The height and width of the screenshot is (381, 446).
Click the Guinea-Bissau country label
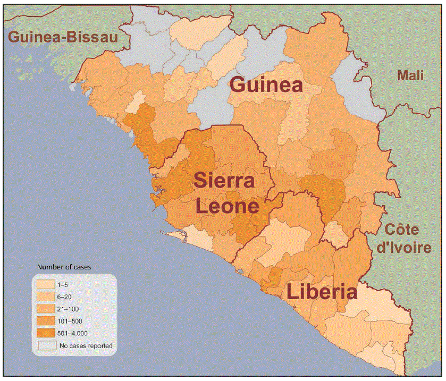click(x=62, y=37)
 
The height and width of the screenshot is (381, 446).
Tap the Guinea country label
click(x=266, y=85)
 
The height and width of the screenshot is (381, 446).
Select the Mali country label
click(x=410, y=76)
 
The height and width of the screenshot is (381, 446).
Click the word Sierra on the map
click(x=223, y=181)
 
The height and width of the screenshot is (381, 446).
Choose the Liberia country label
click(x=322, y=292)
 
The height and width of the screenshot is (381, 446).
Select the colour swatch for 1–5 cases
click(x=46, y=284)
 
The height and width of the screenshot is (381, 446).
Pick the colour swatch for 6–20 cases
click(x=46, y=297)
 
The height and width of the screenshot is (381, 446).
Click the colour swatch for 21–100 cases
click(x=46, y=309)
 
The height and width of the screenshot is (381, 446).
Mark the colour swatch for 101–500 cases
click(x=46, y=321)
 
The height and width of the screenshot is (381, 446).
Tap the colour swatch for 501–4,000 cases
click(x=46, y=333)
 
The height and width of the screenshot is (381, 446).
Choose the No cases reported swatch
click(x=46, y=345)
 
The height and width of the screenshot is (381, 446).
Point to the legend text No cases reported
click(x=86, y=345)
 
